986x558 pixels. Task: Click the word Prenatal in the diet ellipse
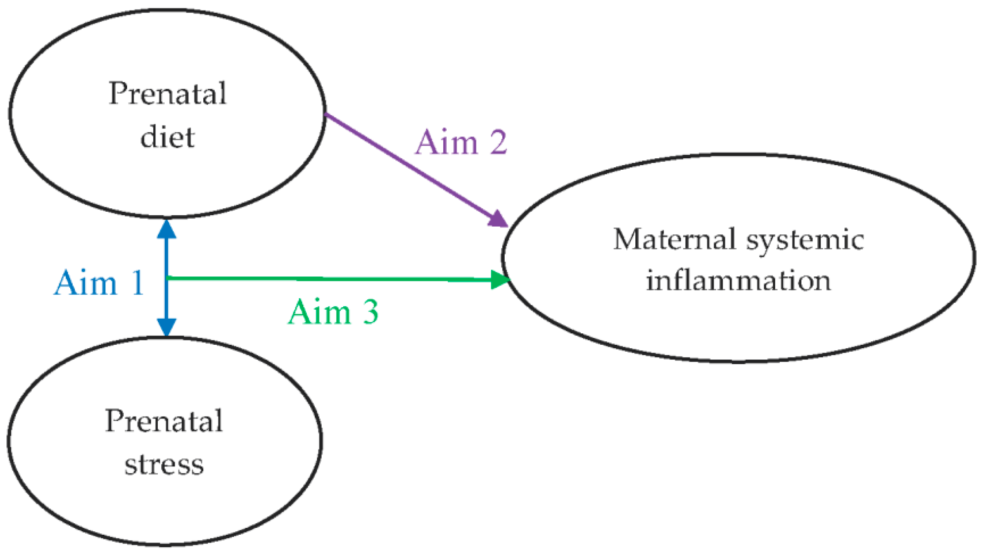coord(167,93)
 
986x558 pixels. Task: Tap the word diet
coord(167,137)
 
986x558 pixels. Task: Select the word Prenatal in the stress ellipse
coord(164,421)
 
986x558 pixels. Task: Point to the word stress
coord(164,465)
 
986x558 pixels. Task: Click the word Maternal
coord(675,239)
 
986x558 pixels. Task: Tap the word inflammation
coord(738,280)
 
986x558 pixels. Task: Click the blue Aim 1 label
coord(99,283)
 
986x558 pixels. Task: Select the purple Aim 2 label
coord(461,142)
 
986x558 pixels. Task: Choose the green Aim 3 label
coord(333,312)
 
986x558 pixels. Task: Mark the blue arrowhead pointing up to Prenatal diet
coord(167,229)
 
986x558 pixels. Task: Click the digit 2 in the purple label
coord(498,142)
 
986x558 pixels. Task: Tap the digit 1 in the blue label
coord(137,283)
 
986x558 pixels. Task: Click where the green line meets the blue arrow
coord(167,278)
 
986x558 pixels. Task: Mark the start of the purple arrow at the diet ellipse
coord(326,115)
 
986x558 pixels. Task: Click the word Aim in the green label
coord(320,312)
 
